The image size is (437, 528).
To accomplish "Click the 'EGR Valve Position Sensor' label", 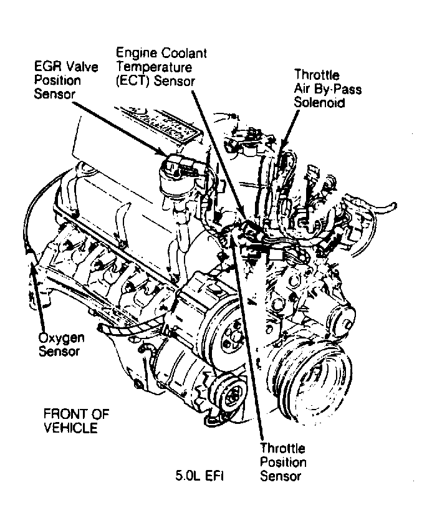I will (65, 80).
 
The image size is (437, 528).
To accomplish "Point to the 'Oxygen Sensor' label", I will (60, 345).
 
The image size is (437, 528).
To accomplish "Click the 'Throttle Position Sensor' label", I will (283, 462).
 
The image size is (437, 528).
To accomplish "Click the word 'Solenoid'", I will (319, 102).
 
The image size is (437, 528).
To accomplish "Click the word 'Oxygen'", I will (60, 338).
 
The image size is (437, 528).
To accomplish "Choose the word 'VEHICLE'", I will (70, 428).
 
